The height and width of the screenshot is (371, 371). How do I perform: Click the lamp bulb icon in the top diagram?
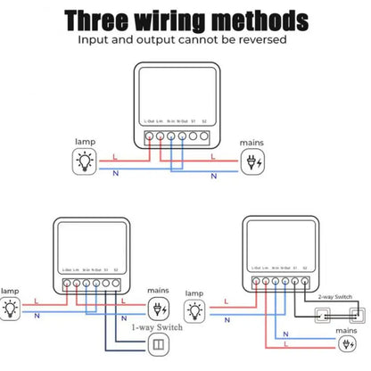(x=85, y=161)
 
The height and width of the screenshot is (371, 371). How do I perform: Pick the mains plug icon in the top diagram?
(x=254, y=161)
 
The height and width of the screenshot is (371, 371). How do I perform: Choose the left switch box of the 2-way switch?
(x=322, y=314)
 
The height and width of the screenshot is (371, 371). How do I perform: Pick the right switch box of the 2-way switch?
(x=356, y=314)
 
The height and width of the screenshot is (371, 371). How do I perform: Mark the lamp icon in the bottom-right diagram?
(x=195, y=310)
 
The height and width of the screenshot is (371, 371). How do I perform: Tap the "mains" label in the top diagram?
(x=252, y=142)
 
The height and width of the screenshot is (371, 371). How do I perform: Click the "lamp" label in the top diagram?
(x=84, y=142)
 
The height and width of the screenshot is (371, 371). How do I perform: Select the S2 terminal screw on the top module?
(x=204, y=137)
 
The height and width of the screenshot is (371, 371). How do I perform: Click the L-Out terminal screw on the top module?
(x=149, y=137)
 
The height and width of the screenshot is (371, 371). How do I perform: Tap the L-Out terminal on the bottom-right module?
(x=256, y=282)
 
